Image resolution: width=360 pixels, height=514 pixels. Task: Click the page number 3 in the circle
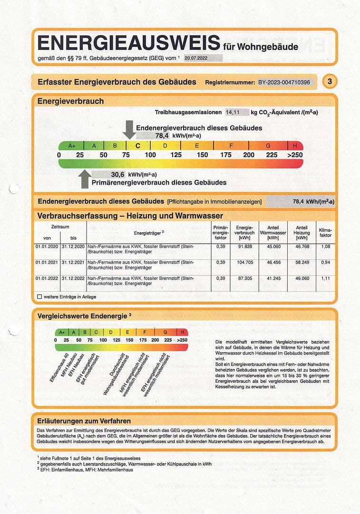[x=330, y=82]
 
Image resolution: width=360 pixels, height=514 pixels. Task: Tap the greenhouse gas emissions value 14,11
[x=233, y=112]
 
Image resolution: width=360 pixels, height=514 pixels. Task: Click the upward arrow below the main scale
[x=85, y=178]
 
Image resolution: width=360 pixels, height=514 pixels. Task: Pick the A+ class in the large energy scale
[x=72, y=146]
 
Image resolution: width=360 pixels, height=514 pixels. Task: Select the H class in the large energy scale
[x=295, y=146]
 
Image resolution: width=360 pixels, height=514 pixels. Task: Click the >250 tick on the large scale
[x=294, y=155]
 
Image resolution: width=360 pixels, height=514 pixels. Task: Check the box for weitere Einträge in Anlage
[x=39, y=297]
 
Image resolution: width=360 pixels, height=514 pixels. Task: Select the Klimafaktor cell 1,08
[x=326, y=247]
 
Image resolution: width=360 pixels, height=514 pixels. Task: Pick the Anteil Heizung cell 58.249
[x=302, y=262]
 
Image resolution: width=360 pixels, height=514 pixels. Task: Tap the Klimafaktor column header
[x=326, y=233]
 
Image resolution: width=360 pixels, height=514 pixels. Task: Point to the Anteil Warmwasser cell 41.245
[x=273, y=278]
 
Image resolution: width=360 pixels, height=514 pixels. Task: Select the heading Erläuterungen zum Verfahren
[x=84, y=421]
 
